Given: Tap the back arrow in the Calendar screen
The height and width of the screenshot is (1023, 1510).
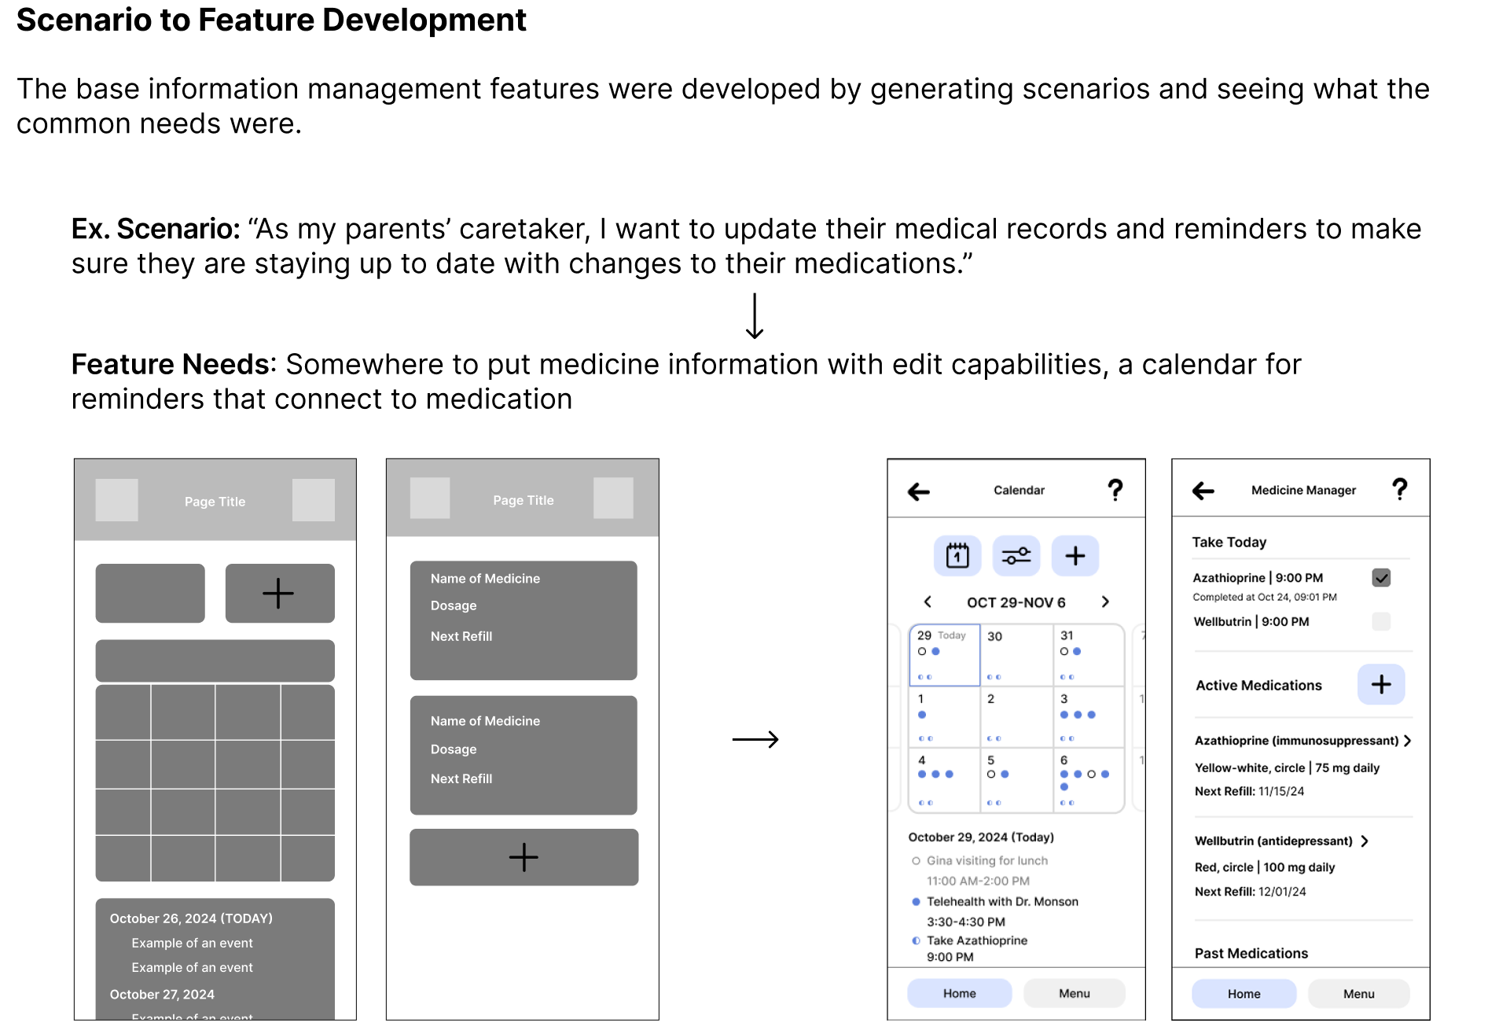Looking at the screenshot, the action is point(918,492).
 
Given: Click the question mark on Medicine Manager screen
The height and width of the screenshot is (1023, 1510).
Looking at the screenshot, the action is point(1399,489).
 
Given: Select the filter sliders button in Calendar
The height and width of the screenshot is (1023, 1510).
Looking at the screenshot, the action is point(1016,556).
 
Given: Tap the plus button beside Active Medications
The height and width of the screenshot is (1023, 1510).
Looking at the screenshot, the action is point(1381,684).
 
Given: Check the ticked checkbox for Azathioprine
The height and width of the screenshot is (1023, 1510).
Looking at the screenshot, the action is point(1381,578).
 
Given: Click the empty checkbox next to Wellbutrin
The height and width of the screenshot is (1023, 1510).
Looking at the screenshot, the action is point(1381,621).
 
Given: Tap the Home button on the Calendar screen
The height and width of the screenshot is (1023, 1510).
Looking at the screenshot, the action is point(960,993).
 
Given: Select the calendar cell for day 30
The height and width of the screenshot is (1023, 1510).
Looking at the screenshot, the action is point(1016,655).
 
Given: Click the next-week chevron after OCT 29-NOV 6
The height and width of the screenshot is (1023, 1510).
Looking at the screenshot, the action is point(1105,602).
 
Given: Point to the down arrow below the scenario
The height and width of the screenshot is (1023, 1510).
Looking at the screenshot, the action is point(755,316).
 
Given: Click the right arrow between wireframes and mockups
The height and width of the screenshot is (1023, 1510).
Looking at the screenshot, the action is point(755,739).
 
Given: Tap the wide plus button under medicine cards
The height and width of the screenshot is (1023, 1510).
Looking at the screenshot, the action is point(524,857).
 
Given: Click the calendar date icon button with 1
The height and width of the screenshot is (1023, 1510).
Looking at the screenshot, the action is point(957,556).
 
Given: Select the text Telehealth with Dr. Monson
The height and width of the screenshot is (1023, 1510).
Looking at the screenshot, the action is point(1002,901).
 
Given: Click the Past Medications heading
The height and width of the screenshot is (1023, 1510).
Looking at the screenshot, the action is point(1251,953).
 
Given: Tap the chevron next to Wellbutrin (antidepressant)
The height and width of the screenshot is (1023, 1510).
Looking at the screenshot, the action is point(1365,841).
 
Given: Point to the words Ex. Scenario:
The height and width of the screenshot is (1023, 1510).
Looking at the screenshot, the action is point(156,229).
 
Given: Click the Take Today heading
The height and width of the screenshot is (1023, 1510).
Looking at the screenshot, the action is point(1229,542).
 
